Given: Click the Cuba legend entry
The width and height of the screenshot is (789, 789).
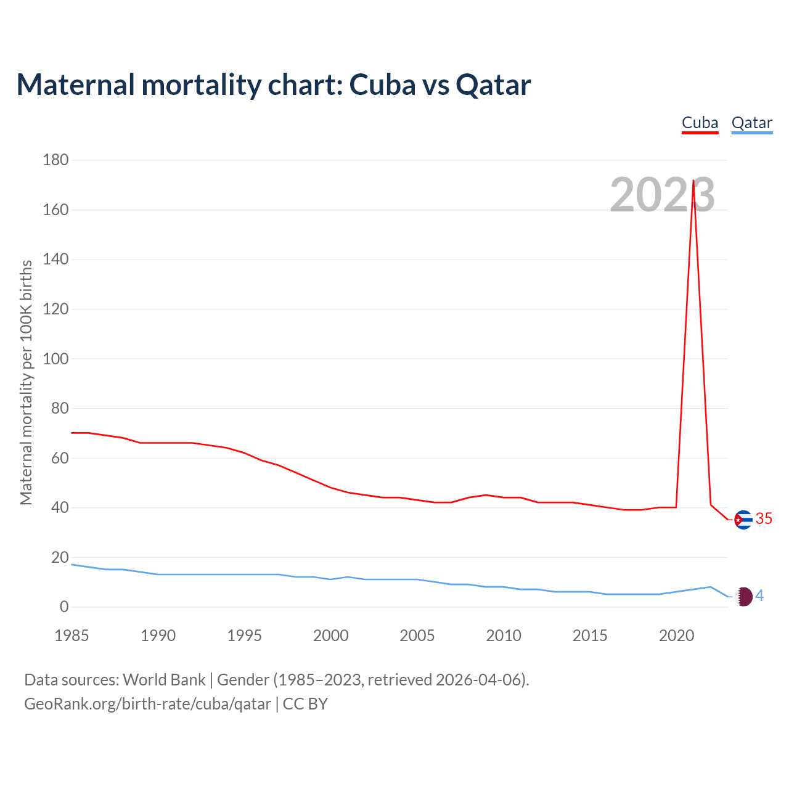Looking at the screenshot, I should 700,123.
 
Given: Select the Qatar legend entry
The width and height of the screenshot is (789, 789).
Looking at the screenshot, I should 751,123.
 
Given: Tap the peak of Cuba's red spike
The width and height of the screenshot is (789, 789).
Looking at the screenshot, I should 693,181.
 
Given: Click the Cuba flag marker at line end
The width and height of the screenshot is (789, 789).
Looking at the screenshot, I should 743,520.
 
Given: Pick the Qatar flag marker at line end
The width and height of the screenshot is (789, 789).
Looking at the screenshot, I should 744,597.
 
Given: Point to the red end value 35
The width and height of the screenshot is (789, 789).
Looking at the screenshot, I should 764,519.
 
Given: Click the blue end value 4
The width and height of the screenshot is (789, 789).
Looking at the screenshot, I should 759,595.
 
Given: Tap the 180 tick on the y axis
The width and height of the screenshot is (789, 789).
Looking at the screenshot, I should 55,160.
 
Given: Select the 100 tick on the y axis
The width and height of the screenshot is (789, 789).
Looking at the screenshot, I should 55,359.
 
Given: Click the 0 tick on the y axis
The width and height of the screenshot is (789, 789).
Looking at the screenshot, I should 64,607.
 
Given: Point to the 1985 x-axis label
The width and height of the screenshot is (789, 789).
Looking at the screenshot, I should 72,636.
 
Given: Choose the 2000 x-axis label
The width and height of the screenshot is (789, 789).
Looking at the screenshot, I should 330,636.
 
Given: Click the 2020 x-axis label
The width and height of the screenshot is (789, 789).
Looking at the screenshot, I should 676,636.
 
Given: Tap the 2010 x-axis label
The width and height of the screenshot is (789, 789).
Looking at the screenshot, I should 504,636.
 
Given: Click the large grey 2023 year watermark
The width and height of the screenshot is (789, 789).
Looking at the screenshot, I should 662,195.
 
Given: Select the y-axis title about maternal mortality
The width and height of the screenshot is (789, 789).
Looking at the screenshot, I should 26,382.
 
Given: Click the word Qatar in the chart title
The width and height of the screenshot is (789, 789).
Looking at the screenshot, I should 493,85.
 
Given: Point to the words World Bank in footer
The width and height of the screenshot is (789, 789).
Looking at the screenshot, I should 164,680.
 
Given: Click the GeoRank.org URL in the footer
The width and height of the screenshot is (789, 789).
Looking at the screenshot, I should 147,704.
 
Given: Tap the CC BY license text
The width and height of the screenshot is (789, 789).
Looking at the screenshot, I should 305,704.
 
